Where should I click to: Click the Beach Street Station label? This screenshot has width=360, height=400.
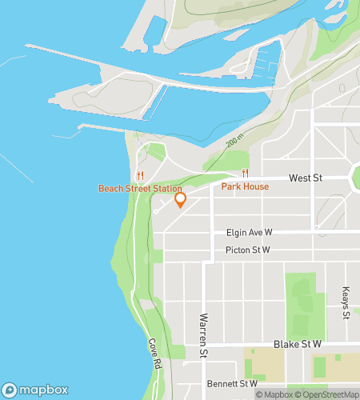click(140, 189)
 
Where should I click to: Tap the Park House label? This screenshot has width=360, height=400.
click(245, 186)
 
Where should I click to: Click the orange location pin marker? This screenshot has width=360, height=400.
click(180, 198)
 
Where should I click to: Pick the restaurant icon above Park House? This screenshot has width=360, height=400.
click(246, 174)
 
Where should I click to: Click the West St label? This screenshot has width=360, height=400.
click(305, 178)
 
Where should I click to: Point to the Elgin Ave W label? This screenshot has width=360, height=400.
click(249, 233)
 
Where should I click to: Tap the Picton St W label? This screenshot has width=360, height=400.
click(248, 250)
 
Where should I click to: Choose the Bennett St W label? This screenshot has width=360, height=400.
click(226, 383)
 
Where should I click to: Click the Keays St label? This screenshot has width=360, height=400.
click(346, 303)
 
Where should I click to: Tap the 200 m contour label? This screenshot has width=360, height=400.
click(234, 142)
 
